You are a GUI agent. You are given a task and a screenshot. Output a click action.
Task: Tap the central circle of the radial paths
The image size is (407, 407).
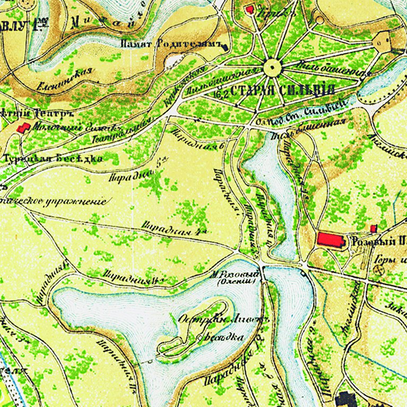(x=272, y=67)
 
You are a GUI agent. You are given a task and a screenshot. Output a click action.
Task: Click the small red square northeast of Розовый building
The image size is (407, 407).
(x=374, y=228)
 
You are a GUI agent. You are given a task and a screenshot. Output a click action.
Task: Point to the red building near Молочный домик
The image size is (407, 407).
(x=23, y=128)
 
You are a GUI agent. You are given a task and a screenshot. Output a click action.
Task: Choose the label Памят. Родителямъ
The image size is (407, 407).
(x=170, y=45)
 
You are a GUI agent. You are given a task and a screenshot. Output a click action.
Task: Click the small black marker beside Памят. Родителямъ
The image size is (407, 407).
(x=226, y=47)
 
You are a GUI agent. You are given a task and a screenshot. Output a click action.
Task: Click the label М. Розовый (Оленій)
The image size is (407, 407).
(x=235, y=277)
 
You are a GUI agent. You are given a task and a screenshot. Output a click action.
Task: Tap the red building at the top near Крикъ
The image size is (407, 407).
(x=250, y=9)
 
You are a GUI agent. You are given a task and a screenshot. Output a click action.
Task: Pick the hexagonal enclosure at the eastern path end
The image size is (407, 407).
(x=382, y=41)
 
